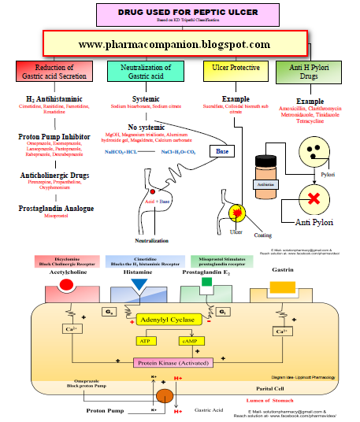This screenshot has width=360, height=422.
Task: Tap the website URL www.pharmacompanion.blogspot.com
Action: (x=174, y=45)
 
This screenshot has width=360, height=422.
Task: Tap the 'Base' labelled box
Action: (x=222, y=150)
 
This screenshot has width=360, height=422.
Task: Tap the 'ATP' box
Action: (x=145, y=341)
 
